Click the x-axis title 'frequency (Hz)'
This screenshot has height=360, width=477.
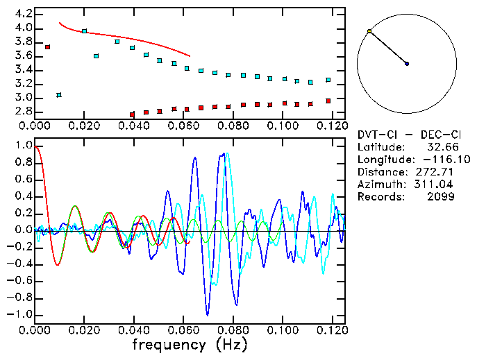pyautogui.click(x=189, y=344)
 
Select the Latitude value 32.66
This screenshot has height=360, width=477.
pyautogui.click(x=442, y=147)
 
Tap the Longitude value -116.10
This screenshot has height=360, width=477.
pyautogui.click(x=435, y=160)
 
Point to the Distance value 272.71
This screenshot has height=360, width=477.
pyautogui.click(x=438, y=172)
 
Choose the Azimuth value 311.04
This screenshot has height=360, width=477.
pyautogui.click(x=438, y=185)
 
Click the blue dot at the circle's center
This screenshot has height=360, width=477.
pyautogui.click(x=407, y=64)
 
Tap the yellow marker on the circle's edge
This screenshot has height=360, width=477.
pyautogui.click(x=369, y=31)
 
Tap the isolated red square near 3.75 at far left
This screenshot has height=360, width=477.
pyautogui.click(x=48, y=47)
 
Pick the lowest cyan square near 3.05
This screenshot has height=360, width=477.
pyautogui.click(x=59, y=94)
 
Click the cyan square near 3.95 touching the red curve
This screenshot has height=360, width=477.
pyautogui.click(x=84, y=31)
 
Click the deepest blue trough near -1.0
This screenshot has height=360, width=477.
pyautogui.click(x=206, y=315)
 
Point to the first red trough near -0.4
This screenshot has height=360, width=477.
pyautogui.click(x=58, y=265)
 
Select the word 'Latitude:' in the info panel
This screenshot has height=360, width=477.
pyautogui.click(x=380, y=147)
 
